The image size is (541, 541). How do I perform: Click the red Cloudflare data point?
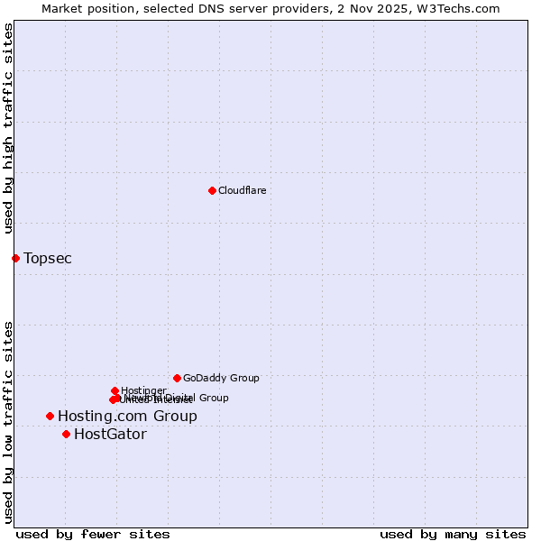212,190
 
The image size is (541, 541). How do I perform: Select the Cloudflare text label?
242,191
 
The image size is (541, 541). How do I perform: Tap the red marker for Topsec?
15,258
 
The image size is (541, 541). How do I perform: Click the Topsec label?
48,259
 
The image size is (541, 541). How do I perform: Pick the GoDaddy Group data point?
177,378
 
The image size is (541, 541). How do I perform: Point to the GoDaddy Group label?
221,379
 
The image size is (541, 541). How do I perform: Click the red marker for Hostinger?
115,390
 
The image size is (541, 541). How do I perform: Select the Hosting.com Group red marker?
50,416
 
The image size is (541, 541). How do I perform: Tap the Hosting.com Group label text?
127,417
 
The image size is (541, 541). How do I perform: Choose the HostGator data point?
66,434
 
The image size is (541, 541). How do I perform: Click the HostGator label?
110,435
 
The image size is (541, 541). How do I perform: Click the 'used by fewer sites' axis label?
93,534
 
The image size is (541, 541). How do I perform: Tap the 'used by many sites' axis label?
453,534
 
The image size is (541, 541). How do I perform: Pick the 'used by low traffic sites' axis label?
8,421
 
